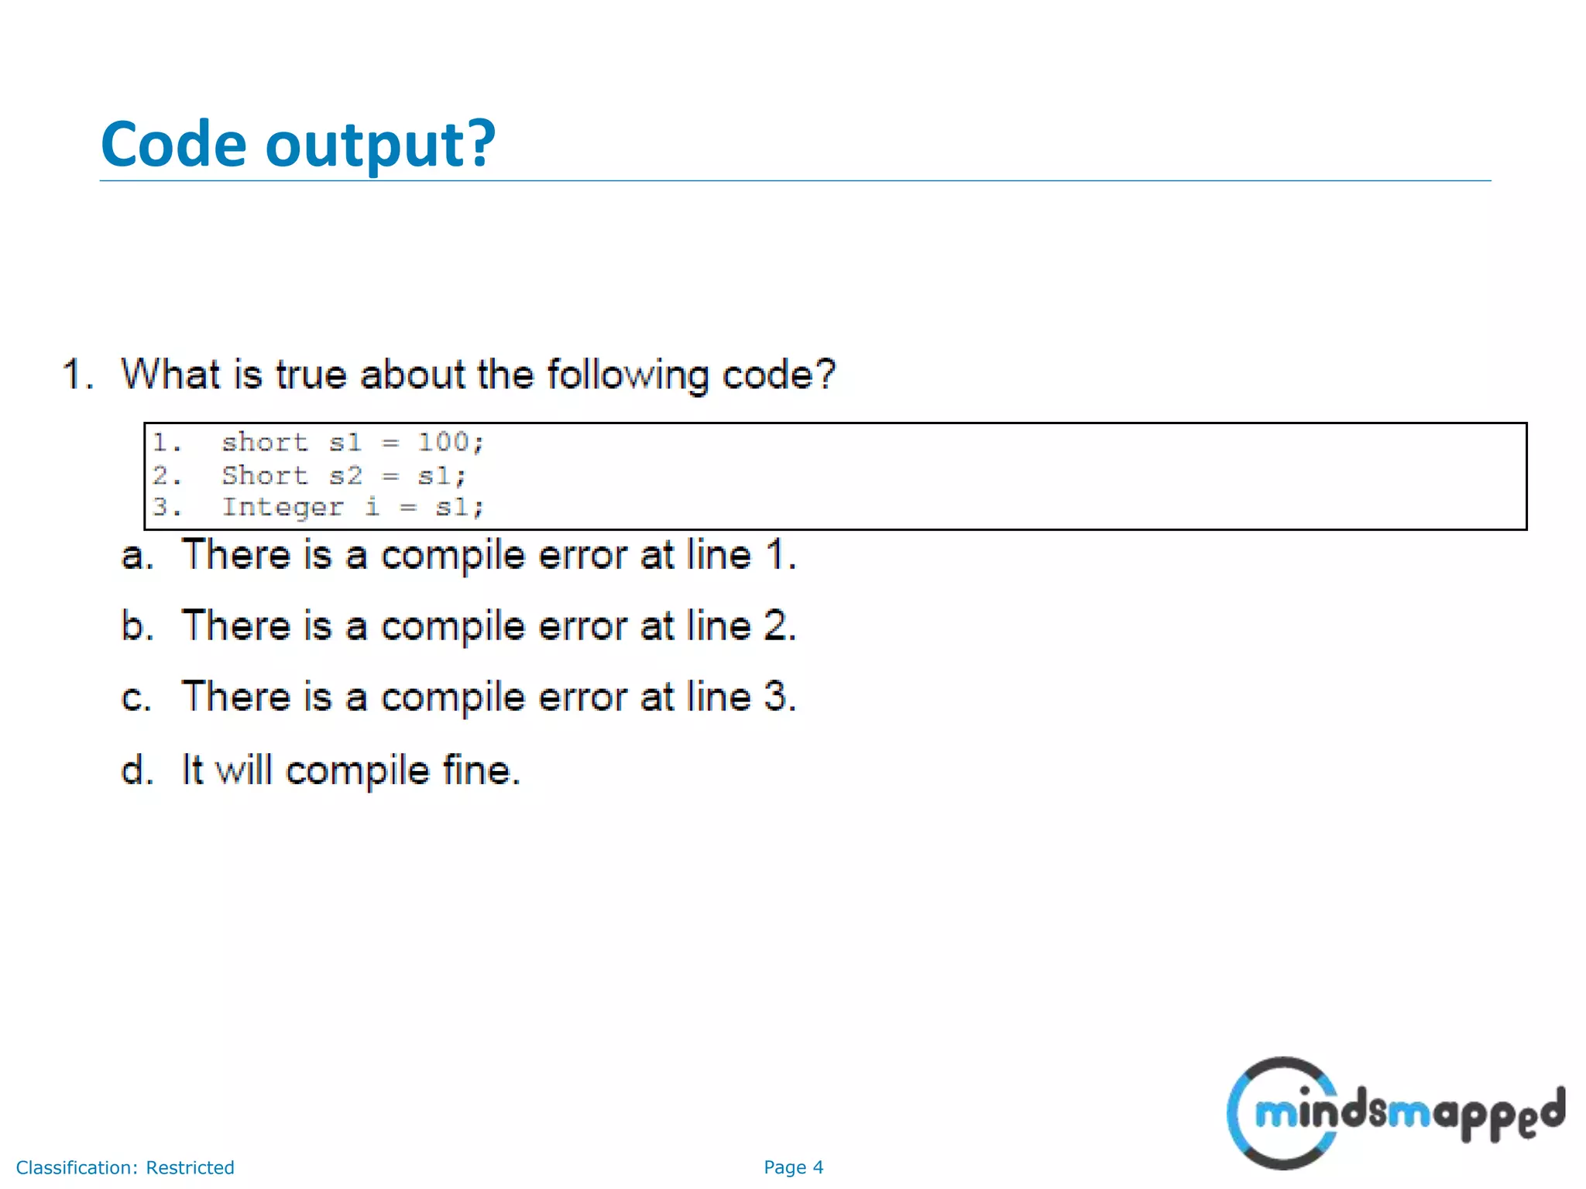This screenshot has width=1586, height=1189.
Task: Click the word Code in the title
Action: [x=173, y=144]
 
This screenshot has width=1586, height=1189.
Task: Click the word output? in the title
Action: [x=380, y=146]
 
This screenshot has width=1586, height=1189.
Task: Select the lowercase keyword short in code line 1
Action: [x=264, y=442]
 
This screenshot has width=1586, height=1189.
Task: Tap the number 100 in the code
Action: [x=444, y=442]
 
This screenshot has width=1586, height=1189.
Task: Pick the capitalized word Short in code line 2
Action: [x=264, y=475]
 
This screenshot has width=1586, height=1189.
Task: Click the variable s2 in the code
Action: [x=345, y=475]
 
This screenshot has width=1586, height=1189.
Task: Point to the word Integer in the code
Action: [x=282, y=507]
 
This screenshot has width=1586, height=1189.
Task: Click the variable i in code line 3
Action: [x=372, y=507]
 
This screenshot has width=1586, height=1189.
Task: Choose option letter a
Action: [x=136, y=556]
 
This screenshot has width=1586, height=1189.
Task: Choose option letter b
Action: [x=136, y=625]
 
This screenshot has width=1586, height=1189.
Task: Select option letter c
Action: [x=136, y=697]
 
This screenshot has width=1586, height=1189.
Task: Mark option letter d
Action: [x=137, y=770]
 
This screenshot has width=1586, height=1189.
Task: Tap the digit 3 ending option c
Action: [x=776, y=696]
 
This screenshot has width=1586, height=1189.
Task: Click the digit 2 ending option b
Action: [x=776, y=625]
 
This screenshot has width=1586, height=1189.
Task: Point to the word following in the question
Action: [x=628, y=375]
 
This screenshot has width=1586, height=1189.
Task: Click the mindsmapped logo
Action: [x=1394, y=1113]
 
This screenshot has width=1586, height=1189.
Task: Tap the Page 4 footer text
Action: [x=793, y=1167]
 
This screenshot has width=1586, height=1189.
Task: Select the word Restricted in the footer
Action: [x=190, y=1167]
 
